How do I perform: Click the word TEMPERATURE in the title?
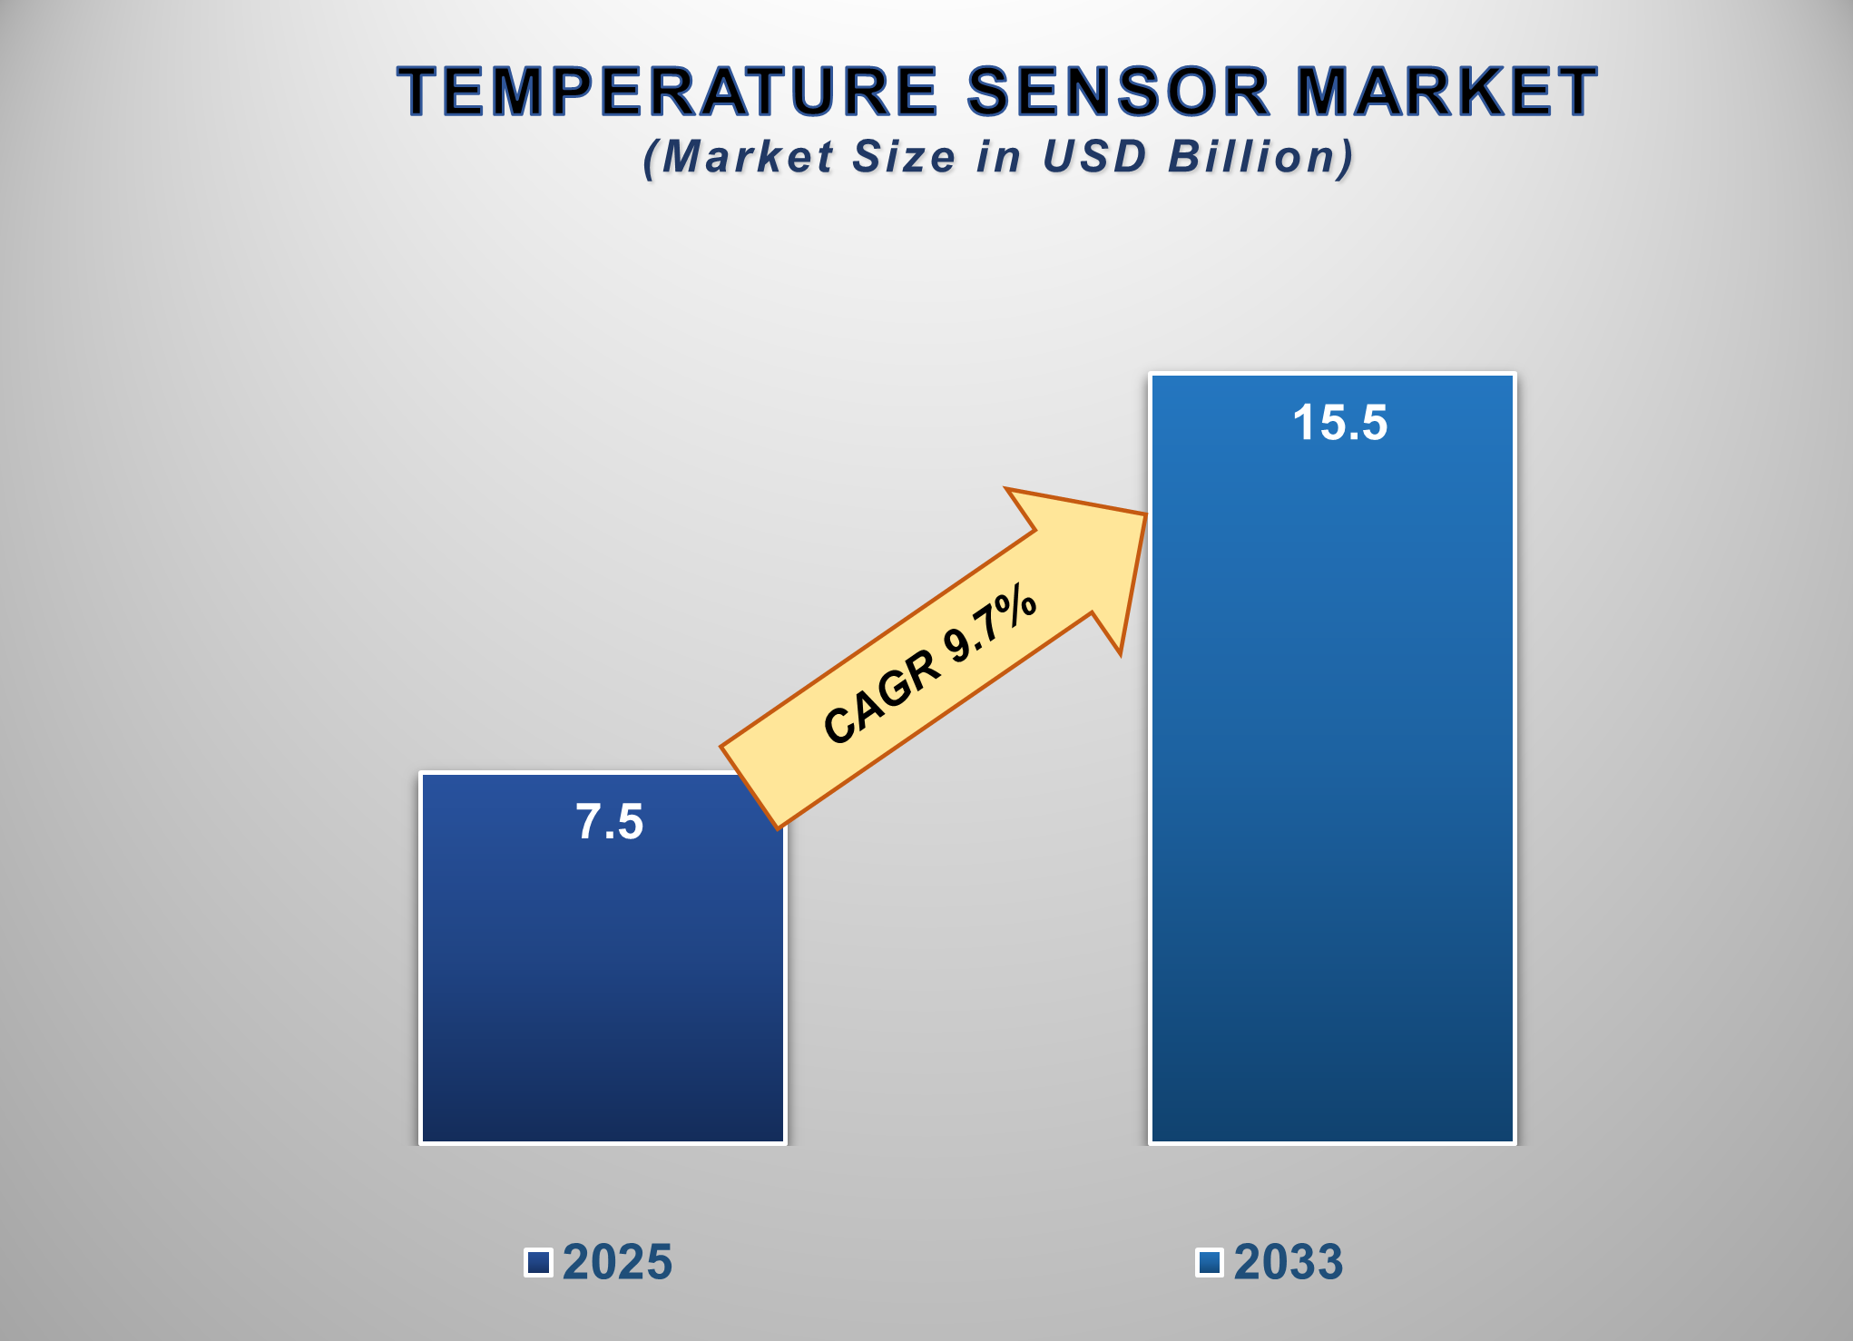(x=667, y=92)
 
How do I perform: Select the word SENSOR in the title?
(x=1118, y=92)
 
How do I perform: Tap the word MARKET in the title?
(x=1446, y=92)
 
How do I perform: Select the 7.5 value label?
(x=610, y=822)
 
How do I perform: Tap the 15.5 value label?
(x=1340, y=423)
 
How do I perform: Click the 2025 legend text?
(x=617, y=1262)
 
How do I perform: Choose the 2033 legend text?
(x=1288, y=1262)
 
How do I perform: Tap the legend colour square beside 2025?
(x=538, y=1262)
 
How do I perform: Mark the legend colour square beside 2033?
(x=1209, y=1262)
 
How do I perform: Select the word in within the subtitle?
(x=999, y=157)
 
